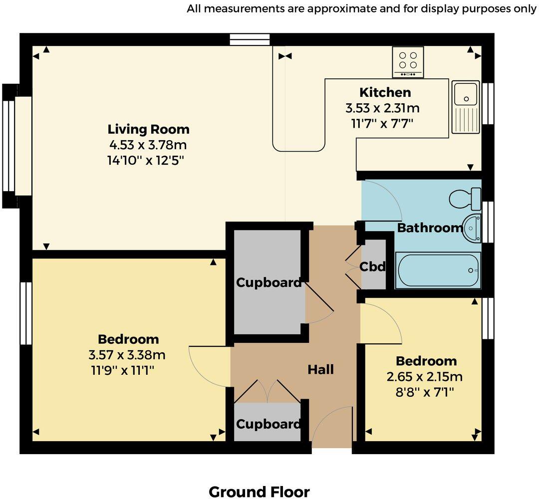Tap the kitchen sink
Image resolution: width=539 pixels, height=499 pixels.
pyautogui.click(x=466, y=108)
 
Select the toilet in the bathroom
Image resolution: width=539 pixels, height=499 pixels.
pyautogui.click(x=466, y=199)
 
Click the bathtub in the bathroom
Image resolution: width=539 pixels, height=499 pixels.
pyautogui.click(x=438, y=270)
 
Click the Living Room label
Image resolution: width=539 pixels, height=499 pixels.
pyautogui.click(x=148, y=129)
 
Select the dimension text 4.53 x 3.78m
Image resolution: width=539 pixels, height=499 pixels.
pyautogui.click(x=148, y=145)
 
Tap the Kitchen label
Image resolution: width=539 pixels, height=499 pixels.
pyautogui.click(x=385, y=92)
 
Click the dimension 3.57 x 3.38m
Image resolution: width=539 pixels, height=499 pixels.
pyautogui.click(x=127, y=355)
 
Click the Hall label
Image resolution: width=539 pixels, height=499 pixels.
pyautogui.click(x=320, y=370)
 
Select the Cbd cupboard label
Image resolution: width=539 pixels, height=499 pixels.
pyautogui.click(x=373, y=267)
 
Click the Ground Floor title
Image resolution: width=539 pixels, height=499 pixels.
pyautogui.click(x=259, y=492)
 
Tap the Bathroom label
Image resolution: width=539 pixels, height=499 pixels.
pyautogui.click(x=429, y=228)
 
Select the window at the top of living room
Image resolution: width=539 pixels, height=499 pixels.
pyautogui.click(x=250, y=39)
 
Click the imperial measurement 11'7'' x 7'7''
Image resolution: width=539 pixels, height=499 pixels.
pyautogui.click(x=382, y=122)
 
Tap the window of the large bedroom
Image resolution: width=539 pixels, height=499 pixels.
pyautogui.click(x=25, y=313)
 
